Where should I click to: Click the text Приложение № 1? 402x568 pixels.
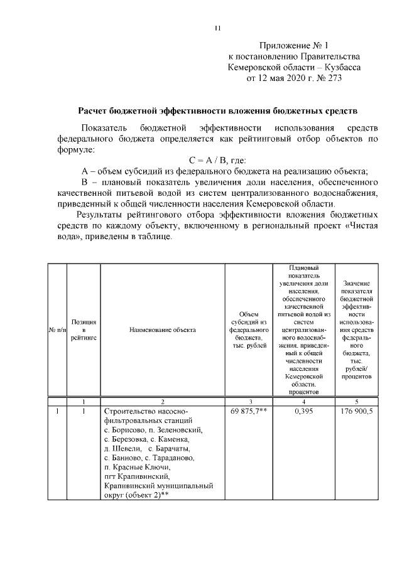tap(293, 45)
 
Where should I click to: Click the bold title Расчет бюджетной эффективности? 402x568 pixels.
tap(217, 110)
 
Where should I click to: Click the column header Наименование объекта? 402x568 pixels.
tap(163, 329)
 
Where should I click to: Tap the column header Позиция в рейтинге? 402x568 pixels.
tap(84, 329)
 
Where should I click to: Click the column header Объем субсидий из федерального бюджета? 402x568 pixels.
tap(249, 329)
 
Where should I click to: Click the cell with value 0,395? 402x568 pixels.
tap(303, 412)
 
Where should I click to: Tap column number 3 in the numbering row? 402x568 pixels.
tap(249, 401)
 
